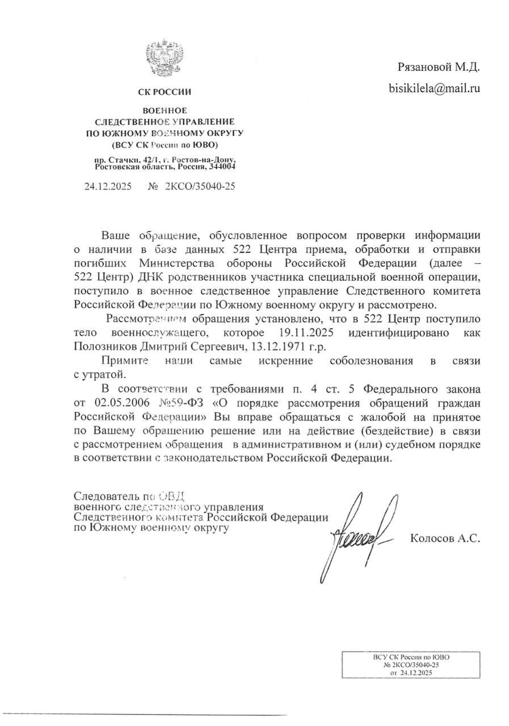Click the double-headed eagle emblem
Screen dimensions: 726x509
click(x=165, y=57)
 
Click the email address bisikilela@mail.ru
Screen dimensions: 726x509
click(x=434, y=88)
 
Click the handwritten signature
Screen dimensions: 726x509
click(x=357, y=533)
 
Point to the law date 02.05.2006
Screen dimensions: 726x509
click(x=116, y=403)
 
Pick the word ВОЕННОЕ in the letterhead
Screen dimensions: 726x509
click(x=165, y=111)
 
